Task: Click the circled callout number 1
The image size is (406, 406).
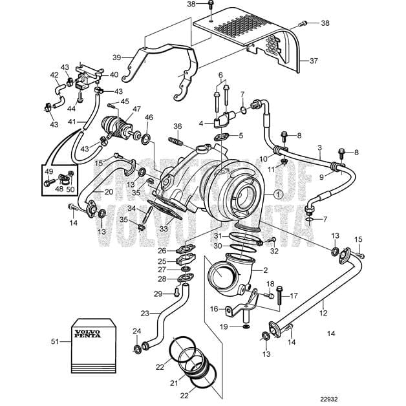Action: (x=278, y=193)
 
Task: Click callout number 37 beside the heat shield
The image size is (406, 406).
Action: (x=314, y=61)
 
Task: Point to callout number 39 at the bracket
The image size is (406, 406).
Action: (x=117, y=56)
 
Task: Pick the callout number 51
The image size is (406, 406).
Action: (x=54, y=340)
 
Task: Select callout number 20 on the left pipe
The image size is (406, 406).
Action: (x=108, y=192)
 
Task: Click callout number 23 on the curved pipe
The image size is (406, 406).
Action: (x=146, y=313)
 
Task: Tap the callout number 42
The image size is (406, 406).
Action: (x=54, y=75)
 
